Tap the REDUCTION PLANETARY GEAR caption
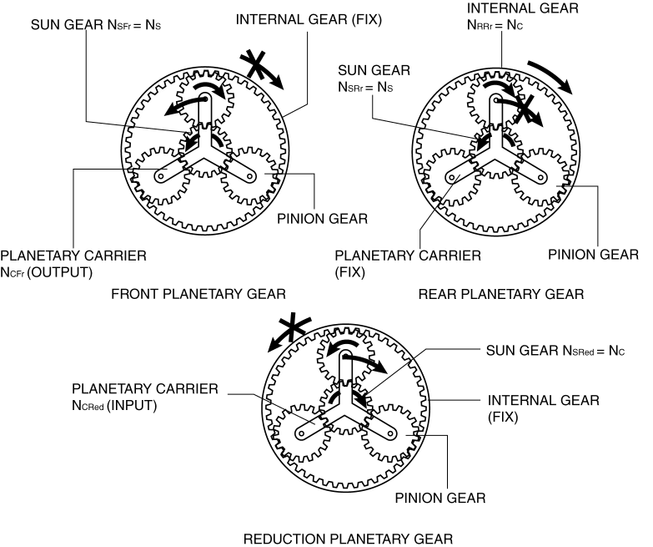pos(349,537)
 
